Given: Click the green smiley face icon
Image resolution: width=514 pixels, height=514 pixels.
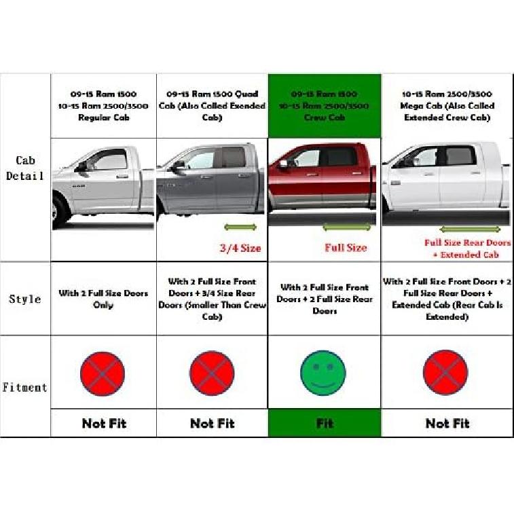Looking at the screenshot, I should (x=323, y=372).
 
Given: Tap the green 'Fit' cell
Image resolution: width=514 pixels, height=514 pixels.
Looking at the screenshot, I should (x=325, y=423).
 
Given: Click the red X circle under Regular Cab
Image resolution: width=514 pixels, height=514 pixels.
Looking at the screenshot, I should (x=103, y=373).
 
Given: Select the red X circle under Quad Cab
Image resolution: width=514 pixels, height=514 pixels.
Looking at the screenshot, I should (x=212, y=373).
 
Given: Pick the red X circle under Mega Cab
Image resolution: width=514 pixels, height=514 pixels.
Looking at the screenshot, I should (x=445, y=372).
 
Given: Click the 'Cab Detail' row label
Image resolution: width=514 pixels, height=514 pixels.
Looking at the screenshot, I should (x=25, y=168).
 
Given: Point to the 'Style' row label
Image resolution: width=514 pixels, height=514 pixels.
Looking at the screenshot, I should (x=25, y=299).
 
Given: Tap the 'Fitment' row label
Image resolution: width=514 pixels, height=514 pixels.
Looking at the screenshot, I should (x=25, y=388).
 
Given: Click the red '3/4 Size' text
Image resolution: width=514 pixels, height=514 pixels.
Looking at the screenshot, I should (x=240, y=248).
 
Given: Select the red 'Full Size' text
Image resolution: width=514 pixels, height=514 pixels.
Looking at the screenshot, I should (x=345, y=247).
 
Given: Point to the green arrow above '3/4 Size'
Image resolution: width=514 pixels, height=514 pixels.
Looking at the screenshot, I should (x=240, y=227).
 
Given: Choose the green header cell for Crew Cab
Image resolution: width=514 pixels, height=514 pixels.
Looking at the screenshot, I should (x=325, y=105).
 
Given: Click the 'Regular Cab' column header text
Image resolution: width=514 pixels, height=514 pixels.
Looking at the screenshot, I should (x=103, y=106).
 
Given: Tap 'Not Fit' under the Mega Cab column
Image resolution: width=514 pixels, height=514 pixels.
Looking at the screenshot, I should (x=447, y=423).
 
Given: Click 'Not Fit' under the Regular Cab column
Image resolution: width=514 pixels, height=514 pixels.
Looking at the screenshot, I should (x=104, y=423).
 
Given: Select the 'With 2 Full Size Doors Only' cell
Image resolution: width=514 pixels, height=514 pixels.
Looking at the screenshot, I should (x=103, y=299).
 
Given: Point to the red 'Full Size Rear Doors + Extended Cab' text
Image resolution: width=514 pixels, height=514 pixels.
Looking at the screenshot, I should (x=467, y=249).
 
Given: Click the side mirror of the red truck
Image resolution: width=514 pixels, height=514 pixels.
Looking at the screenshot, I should (x=283, y=164).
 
